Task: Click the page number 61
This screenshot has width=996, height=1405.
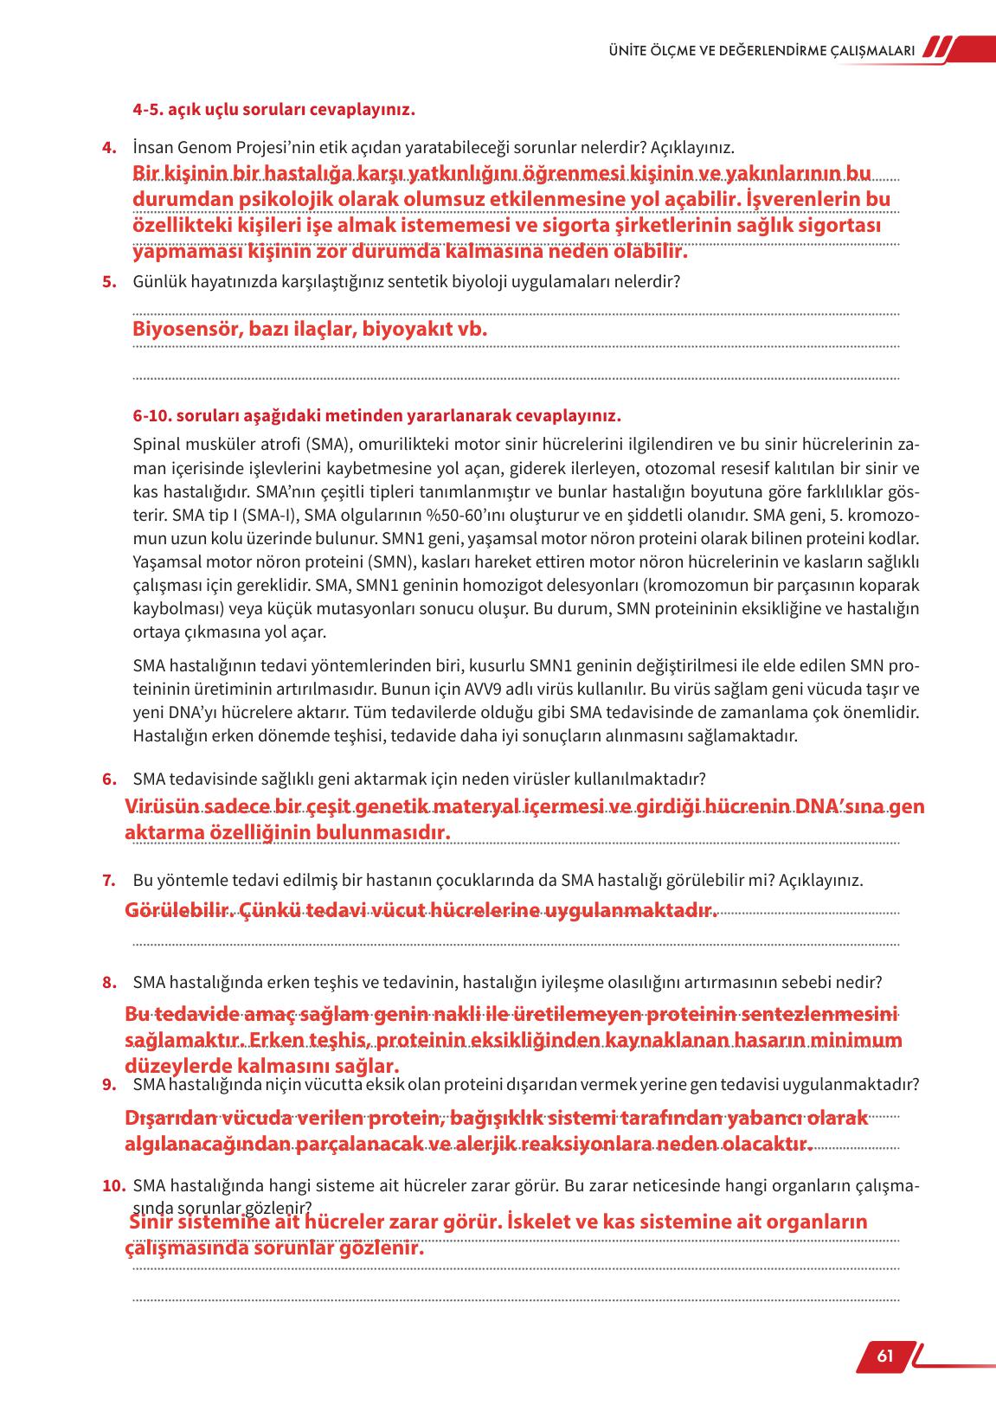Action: (x=884, y=1356)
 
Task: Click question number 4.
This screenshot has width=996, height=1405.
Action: (x=109, y=148)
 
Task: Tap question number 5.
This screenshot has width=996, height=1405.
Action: (x=109, y=281)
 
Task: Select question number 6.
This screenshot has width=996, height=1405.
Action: (x=109, y=779)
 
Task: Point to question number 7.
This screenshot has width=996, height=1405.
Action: (x=109, y=881)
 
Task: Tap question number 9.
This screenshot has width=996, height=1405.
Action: (x=109, y=1084)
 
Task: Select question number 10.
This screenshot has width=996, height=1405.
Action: (x=113, y=1186)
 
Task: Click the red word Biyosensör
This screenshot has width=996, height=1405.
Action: (x=185, y=330)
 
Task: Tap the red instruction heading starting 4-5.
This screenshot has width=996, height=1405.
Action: (x=273, y=111)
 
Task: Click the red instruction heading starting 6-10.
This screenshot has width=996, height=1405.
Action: (x=376, y=416)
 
